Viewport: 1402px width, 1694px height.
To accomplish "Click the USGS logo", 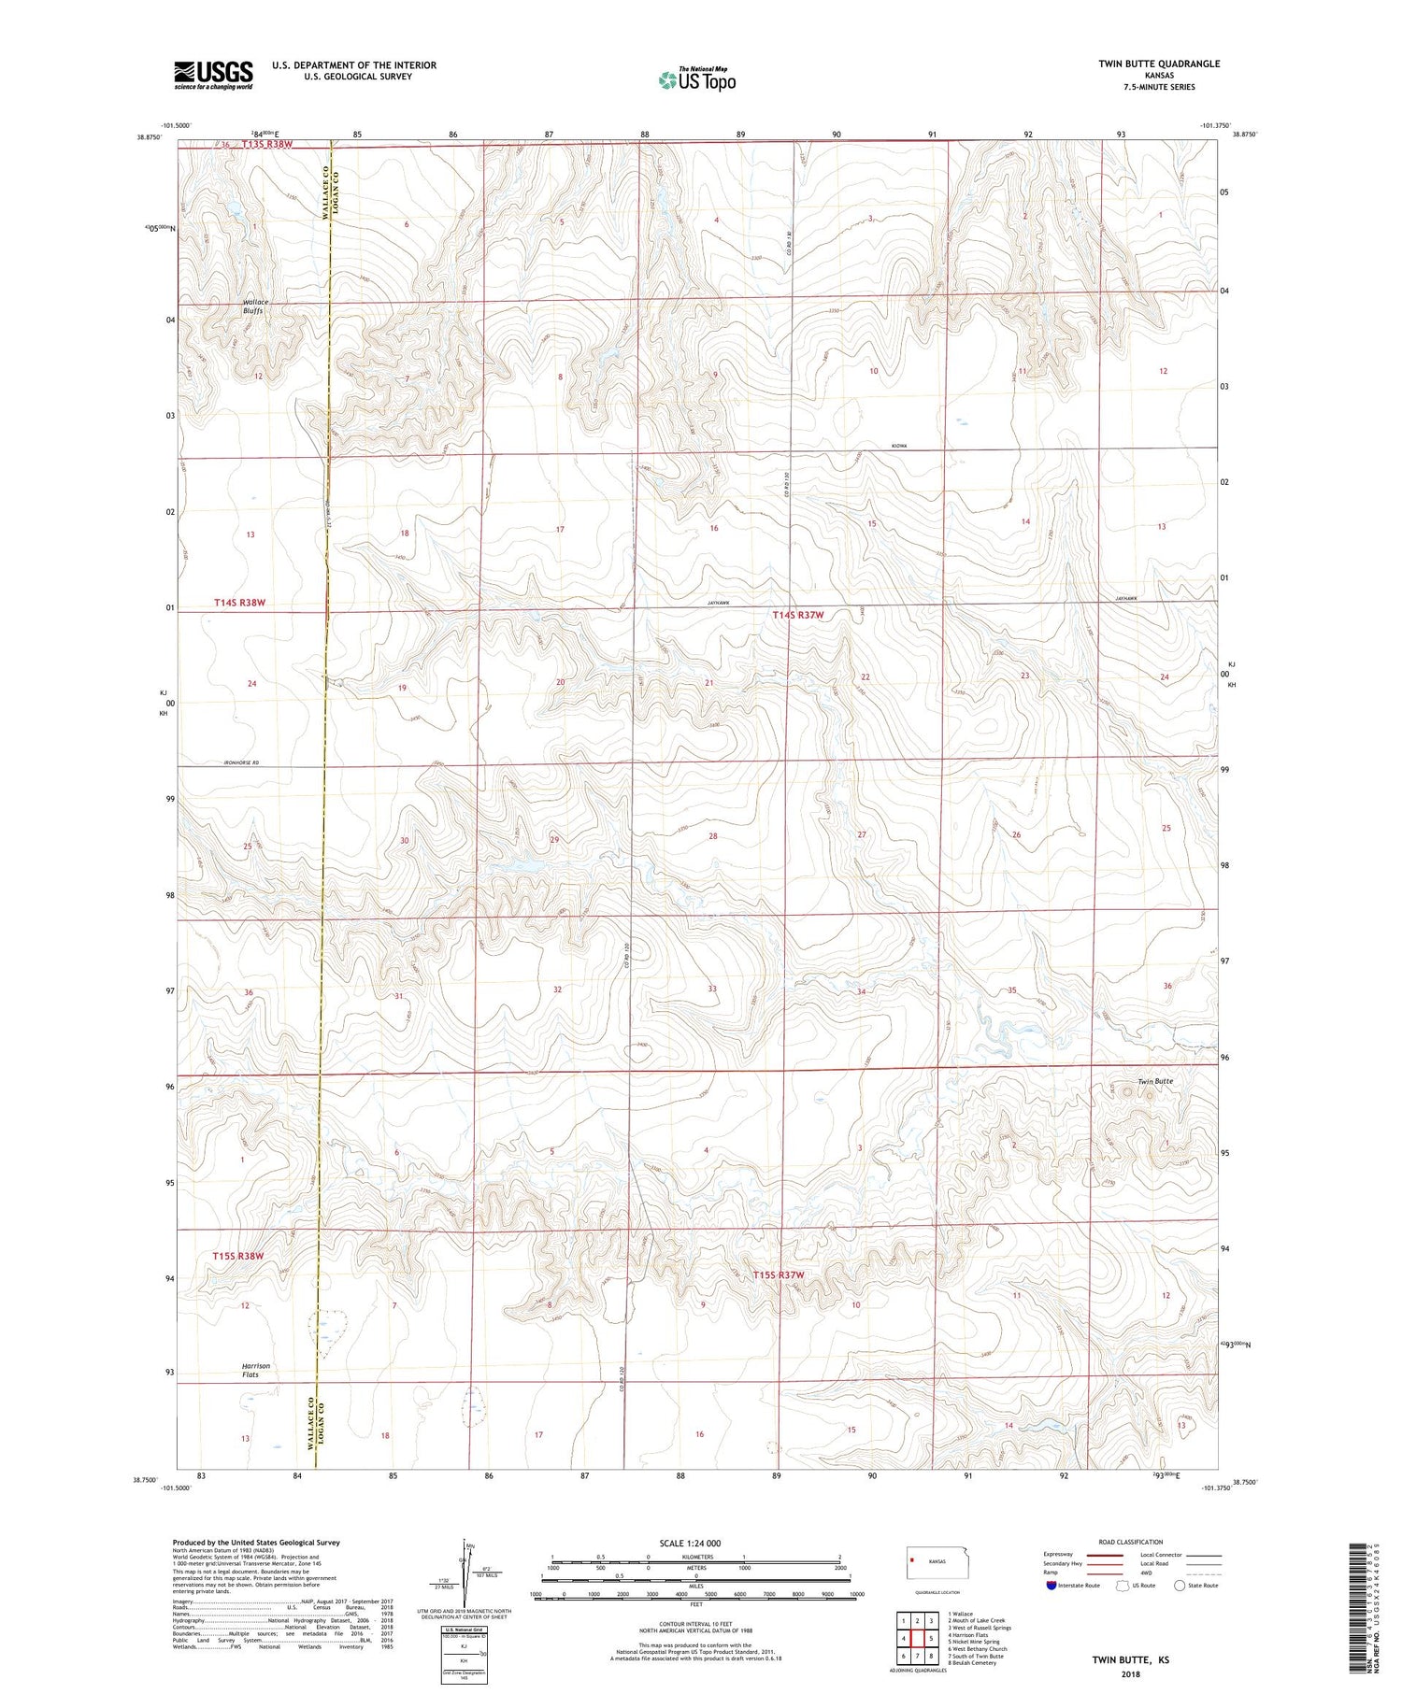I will coord(213,75).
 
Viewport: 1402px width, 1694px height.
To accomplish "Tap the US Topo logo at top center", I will coord(697,80).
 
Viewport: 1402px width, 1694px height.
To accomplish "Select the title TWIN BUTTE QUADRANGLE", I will coord(1159,64).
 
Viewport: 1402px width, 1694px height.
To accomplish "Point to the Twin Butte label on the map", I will coord(1154,1081).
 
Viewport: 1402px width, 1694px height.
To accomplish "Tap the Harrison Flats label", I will coord(256,1370).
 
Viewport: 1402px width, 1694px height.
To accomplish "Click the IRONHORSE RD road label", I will coord(241,763).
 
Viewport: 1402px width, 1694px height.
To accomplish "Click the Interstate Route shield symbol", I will coord(1051,1586).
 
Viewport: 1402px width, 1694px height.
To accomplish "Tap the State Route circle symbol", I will coord(1180,1586).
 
